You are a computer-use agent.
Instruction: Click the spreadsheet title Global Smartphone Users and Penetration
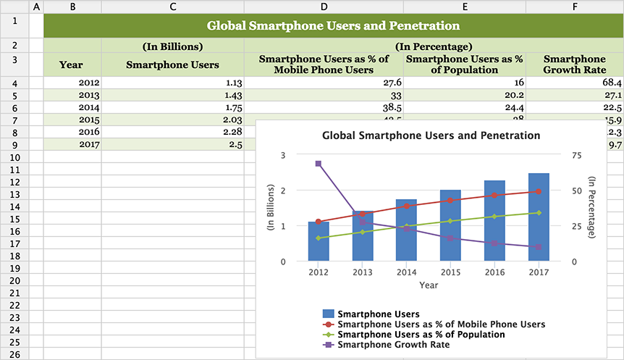[x=333, y=26]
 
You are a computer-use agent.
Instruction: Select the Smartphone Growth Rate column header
[x=574, y=64]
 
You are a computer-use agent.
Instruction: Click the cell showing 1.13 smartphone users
[x=172, y=83]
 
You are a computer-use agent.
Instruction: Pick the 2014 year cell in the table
[x=72, y=106]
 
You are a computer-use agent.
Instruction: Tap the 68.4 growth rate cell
[x=574, y=83]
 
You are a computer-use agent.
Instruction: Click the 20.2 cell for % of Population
[x=464, y=95]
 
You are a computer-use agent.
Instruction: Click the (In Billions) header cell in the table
[x=172, y=46]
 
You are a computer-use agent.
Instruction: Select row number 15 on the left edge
[x=15, y=219]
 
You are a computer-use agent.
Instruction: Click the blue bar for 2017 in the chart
[x=539, y=217]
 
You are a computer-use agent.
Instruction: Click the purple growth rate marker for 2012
[x=319, y=164]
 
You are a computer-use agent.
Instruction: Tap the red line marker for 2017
[x=539, y=191]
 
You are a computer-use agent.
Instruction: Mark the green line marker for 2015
[x=450, y=221]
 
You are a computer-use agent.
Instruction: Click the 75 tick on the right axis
[x=577, y=155]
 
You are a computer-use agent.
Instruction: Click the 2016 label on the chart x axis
[x=494, y=272]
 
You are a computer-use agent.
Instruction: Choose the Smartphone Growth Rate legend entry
[x=393, y=345]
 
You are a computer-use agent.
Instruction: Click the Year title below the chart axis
[x=428, y=285]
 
